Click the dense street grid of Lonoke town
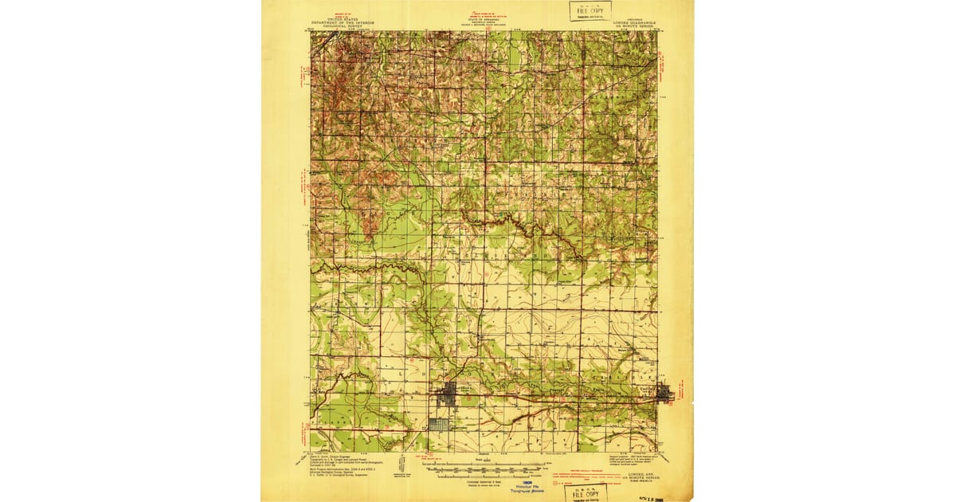pos(449,392)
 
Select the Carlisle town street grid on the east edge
pos(664,392)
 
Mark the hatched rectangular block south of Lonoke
pos(439,425)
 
